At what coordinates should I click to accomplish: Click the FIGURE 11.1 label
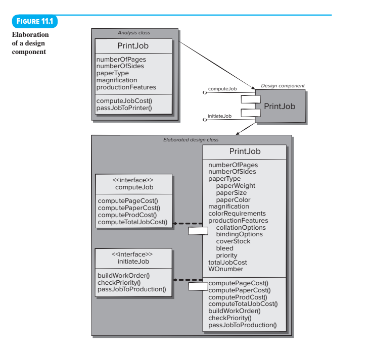(34, 22)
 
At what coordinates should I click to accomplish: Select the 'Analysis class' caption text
(133, 33)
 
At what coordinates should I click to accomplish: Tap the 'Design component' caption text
(283, 86)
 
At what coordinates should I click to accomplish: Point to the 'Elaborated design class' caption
(192, 139)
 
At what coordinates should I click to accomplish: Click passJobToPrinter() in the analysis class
(124, 108)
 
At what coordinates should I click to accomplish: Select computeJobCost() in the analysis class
(123, 101)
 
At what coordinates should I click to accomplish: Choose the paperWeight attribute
(236, 186)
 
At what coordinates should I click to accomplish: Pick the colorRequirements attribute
(237, 214)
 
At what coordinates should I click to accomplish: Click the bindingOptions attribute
(239, 234)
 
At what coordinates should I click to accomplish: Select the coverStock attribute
(233, 241)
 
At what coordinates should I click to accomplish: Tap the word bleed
(224, 248)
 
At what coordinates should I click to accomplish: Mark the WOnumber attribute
(225, 269)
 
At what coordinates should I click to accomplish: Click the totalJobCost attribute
(227, 262)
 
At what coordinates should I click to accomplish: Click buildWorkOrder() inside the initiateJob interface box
(123, 275)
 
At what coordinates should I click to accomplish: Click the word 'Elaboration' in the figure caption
(30, 35)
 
